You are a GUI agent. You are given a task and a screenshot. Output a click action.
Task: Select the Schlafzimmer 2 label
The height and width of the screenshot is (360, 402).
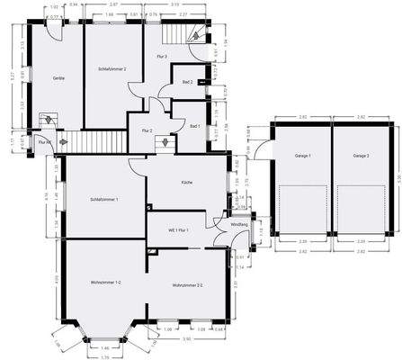112,69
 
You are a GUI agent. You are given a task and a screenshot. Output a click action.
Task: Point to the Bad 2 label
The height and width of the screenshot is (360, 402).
187,82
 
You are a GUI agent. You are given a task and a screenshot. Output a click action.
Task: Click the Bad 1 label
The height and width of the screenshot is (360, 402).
194,126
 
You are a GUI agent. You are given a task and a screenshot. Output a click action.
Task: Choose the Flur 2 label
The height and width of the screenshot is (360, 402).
147,131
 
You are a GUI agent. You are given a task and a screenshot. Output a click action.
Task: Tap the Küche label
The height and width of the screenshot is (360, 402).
186,183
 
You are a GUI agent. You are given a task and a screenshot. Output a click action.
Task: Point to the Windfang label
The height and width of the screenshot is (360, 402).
238,224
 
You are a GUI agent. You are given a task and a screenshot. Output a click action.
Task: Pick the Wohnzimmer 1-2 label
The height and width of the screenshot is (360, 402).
106,283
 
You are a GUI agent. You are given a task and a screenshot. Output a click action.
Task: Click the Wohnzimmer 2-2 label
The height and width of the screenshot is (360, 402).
188,287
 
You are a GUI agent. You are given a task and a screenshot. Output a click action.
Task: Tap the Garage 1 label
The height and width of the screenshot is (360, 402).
302,157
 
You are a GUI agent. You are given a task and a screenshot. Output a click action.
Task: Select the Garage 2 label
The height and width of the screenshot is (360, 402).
362,157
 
